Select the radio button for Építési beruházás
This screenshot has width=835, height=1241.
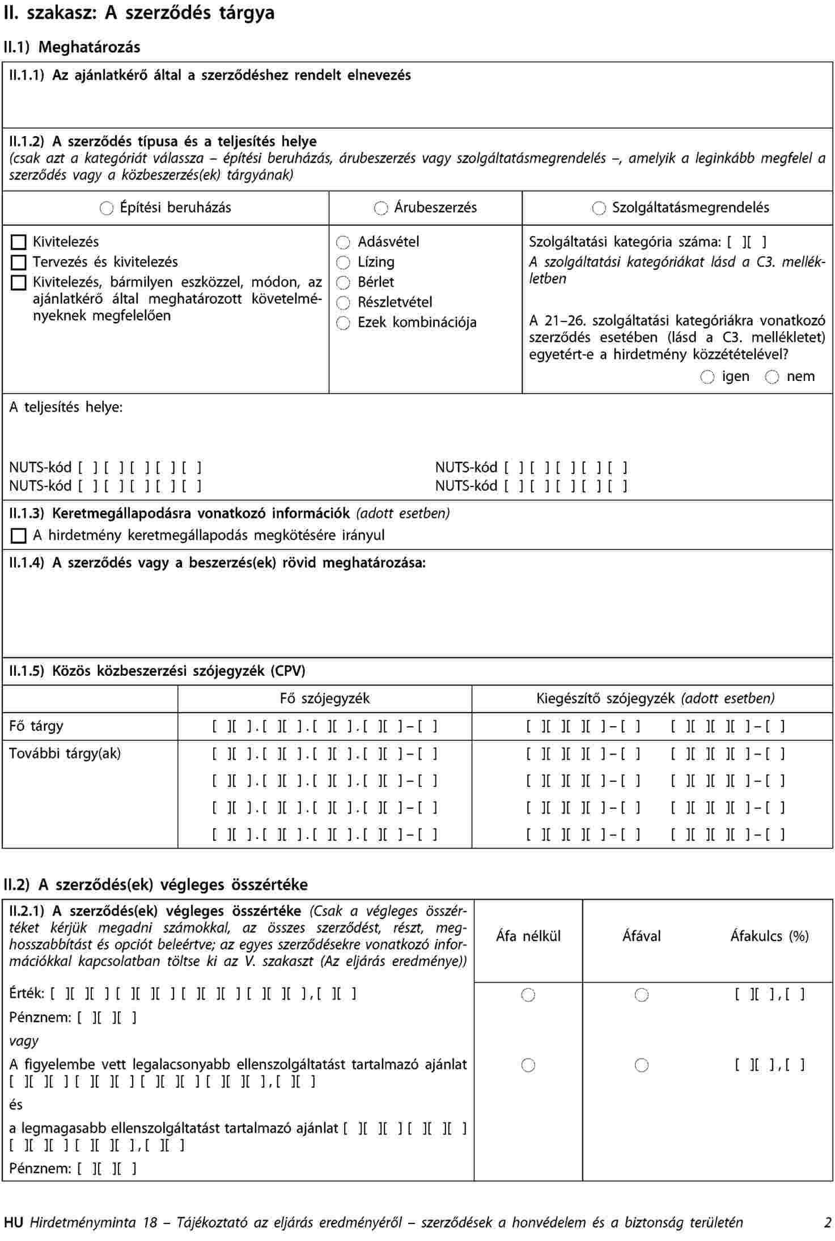[107, 209]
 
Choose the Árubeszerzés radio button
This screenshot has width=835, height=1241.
[381, 209]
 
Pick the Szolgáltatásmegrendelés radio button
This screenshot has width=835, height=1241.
[599, 209]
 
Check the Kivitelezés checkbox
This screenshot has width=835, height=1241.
[19, 243]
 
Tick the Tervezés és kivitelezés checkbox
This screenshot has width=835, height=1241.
[19, 262]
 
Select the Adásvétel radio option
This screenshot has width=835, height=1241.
[343, 243]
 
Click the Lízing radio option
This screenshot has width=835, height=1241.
[343, 262]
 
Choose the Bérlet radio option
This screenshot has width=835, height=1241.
[343, 283]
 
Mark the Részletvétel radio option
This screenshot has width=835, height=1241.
[343, 303]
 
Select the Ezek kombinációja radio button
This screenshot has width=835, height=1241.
[343, 323]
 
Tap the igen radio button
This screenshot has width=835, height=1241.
[707, 377]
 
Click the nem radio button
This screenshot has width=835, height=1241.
[772, 377]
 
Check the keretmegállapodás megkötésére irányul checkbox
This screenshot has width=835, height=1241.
[19, 536]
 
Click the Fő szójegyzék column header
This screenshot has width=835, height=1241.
[325, 698]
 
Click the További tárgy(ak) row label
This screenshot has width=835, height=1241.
[65, 754]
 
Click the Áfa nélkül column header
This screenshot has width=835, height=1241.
[528, 936]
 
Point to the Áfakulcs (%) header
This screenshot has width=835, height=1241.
[769, 936]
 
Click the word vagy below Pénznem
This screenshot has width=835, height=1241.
[24, 1041]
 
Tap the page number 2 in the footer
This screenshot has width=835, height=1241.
[828, 1222]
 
